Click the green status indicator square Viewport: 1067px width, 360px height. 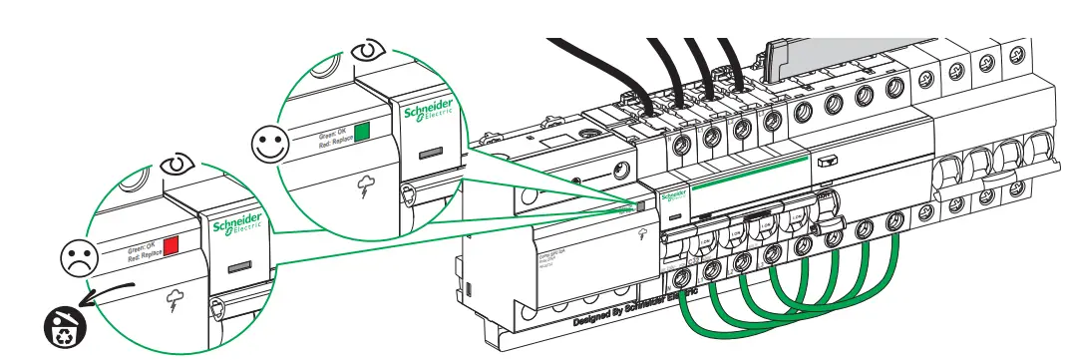pos(363,131)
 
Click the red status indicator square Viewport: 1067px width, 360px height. pos(172,244)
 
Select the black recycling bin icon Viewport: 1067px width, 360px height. pos(62,325)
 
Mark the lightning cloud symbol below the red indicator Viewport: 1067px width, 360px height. pos(176,297)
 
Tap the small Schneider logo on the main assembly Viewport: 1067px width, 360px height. pos(675,195)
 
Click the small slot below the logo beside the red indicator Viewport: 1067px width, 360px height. pos(237,266)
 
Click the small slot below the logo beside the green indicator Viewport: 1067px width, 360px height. pos(429,155)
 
